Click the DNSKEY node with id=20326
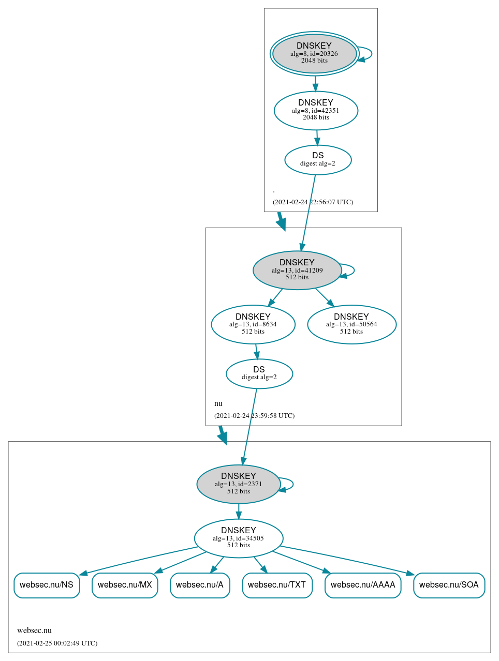(314, 53)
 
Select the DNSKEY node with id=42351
(316, 110)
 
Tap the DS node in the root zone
(318, 160)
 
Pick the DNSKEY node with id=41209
(297, 270)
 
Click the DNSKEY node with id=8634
(253, 324)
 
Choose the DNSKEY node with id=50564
(351, 324)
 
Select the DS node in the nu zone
(259, 373)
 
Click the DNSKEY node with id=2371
(239, 484)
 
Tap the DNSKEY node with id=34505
(239, 538)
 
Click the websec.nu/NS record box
(47, 585)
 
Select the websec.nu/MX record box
(125, 585)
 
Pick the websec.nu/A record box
(200, 585)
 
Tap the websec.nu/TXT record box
(277, 585)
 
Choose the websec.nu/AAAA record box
(363, 585)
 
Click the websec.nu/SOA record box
(449, 585)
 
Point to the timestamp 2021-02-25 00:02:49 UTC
(57, 643)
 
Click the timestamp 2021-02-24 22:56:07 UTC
(313, 202)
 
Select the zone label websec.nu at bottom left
(34, 630)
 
